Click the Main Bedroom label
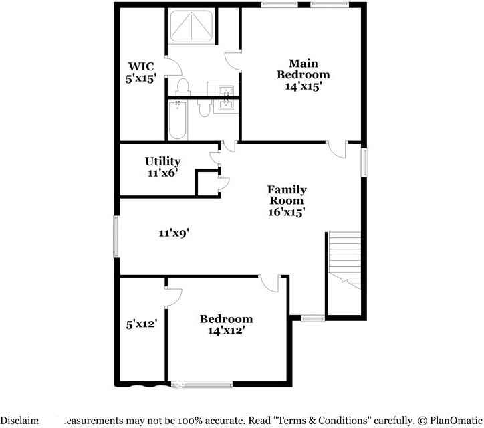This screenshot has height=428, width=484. click(303, 68)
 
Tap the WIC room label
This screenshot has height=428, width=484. click(141, 66)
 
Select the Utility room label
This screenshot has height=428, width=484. click(162, 161)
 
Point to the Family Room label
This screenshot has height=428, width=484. click(287, 195)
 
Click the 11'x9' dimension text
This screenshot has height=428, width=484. click(174, 233)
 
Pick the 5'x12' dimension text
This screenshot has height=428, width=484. click(141, 324)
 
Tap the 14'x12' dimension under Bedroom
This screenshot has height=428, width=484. click(226, 330)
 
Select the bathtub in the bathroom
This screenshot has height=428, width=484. click(178, 120)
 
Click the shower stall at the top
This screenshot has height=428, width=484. click(191, 27)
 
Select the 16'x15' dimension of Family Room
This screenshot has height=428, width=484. click(287, 212)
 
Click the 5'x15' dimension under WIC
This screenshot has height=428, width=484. click(141, 78)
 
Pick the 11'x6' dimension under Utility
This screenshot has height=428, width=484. click(162, 173)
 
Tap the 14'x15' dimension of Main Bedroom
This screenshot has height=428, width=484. click(303, 86)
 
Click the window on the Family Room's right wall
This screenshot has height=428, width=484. click(365, 163)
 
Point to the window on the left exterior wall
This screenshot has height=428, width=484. click(116, 236)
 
